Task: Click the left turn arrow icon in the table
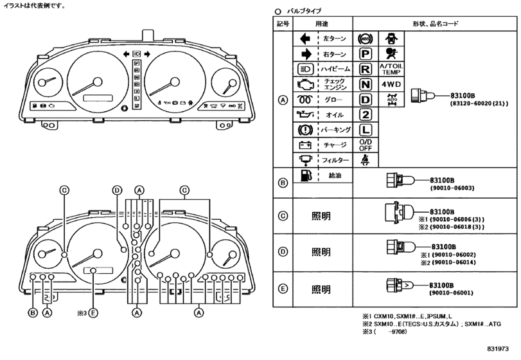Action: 305,39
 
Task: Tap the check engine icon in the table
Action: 305,84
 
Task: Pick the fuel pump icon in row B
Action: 305,175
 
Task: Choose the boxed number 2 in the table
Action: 366,114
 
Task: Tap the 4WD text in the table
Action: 393,84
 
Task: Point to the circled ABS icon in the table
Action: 366,39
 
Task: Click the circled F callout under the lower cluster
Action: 93,313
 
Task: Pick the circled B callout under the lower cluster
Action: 31,313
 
